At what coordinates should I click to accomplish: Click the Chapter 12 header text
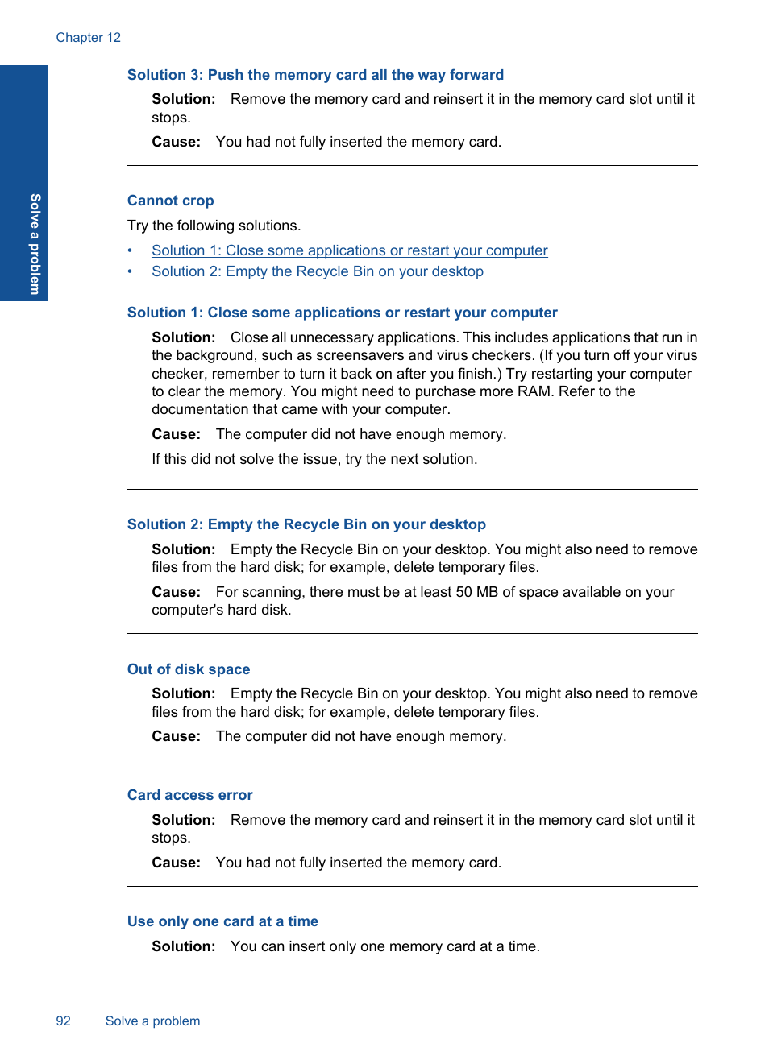click(89, 38)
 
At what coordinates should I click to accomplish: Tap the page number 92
click(63, 1021)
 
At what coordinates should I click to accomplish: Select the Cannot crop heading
click(170, 201)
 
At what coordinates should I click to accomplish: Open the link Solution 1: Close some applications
click(349, 250)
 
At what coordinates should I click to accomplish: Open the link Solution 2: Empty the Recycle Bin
click(317, 271)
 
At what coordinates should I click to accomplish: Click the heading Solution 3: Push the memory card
click(315, 75)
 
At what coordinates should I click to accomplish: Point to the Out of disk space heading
click(189, 669)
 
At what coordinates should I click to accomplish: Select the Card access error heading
click(189, 795)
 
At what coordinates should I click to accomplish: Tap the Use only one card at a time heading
click(222, 921)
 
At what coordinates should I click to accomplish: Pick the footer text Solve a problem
click(152, 1021)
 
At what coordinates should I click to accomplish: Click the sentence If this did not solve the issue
click(314, 459)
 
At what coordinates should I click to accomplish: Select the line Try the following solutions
click(214, 226)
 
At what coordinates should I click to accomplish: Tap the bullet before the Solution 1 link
click(130, 250)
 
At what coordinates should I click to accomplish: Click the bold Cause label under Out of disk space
click(176, 736)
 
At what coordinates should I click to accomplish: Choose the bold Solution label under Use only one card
click(183, 946)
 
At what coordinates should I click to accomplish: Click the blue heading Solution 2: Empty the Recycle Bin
click(306, 524)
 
